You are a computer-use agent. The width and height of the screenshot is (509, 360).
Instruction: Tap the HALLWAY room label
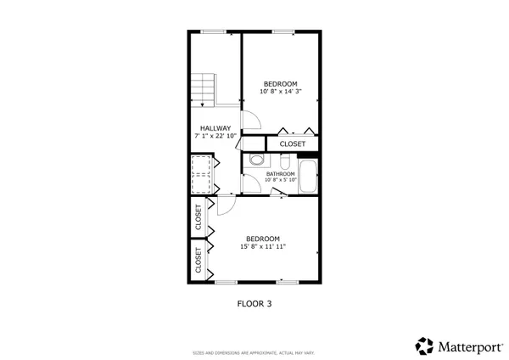[x=215, y=128]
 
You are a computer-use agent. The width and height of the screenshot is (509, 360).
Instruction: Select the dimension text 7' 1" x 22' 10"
[x=215, y=136]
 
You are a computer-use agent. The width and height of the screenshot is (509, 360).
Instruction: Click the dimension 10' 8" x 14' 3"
[x=280, y=91]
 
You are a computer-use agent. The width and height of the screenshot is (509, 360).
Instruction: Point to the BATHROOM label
[x=280, y=173]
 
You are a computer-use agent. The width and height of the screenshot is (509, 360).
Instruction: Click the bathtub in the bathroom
[x=307, y=175]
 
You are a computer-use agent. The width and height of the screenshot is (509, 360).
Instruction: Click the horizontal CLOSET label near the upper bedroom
[x=292, y=144]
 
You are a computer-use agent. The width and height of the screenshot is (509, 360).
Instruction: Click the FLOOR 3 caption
[x=254, y=302]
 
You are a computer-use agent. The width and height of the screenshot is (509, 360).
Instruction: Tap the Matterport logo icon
[x=424, y=346]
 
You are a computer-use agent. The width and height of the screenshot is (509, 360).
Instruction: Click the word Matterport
[x=467, y=346]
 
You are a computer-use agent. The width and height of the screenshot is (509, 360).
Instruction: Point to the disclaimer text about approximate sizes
[x=254, y=352]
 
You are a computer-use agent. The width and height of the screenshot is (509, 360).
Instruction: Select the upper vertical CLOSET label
[x=199, y=217]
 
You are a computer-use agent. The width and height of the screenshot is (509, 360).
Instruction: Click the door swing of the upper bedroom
[x=250, y=125]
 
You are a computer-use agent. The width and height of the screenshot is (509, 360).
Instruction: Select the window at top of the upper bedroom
[x=282, y=31]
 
